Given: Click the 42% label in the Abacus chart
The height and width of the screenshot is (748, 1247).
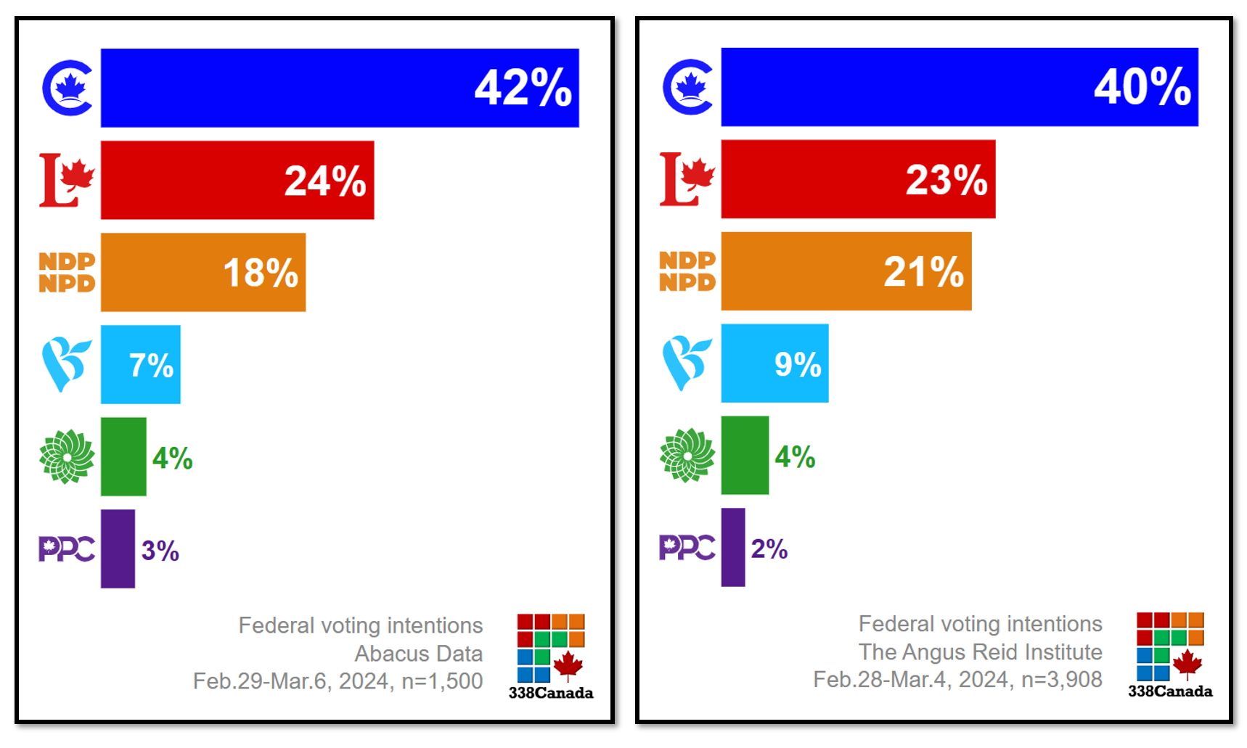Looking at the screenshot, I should click(x=523, y=88).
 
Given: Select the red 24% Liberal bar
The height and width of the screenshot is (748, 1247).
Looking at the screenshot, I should click(x=237, y=180).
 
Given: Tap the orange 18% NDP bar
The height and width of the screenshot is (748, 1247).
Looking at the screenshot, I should click(x=203, y=272).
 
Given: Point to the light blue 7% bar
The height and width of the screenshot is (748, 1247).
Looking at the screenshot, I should click(x=140, y=364).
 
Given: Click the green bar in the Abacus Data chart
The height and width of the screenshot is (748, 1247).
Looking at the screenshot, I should click(x=123, y=456).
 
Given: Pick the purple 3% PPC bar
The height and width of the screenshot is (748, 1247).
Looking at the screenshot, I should click(x=118, y=548).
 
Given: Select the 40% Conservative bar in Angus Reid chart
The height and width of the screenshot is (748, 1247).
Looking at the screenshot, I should click(x=959, y=87).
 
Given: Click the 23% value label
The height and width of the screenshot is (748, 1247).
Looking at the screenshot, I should click(x=947, y=179).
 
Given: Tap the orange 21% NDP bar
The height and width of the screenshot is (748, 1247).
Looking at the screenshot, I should click(x=846, y=271).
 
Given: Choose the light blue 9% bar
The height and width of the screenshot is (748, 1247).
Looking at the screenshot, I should click(x=774, y=363).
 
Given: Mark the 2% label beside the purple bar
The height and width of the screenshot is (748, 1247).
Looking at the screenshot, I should click(x=769, y=548).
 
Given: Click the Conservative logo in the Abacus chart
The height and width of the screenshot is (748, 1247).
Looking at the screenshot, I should click(x=68, y=88).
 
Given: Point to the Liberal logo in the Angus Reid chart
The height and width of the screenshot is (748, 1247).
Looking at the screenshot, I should click(x=687, y=179).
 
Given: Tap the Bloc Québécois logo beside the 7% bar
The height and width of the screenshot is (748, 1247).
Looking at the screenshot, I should click(x=66, y=364).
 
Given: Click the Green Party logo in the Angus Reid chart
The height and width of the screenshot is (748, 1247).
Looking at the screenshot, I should click(x=687, y=456).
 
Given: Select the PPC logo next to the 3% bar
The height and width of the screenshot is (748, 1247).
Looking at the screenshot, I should click(x=66, y=549).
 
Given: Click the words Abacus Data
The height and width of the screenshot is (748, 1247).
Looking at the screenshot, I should click(x=418, y=654).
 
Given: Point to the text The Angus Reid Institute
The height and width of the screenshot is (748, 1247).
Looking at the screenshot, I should click(x=980, y=652).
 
